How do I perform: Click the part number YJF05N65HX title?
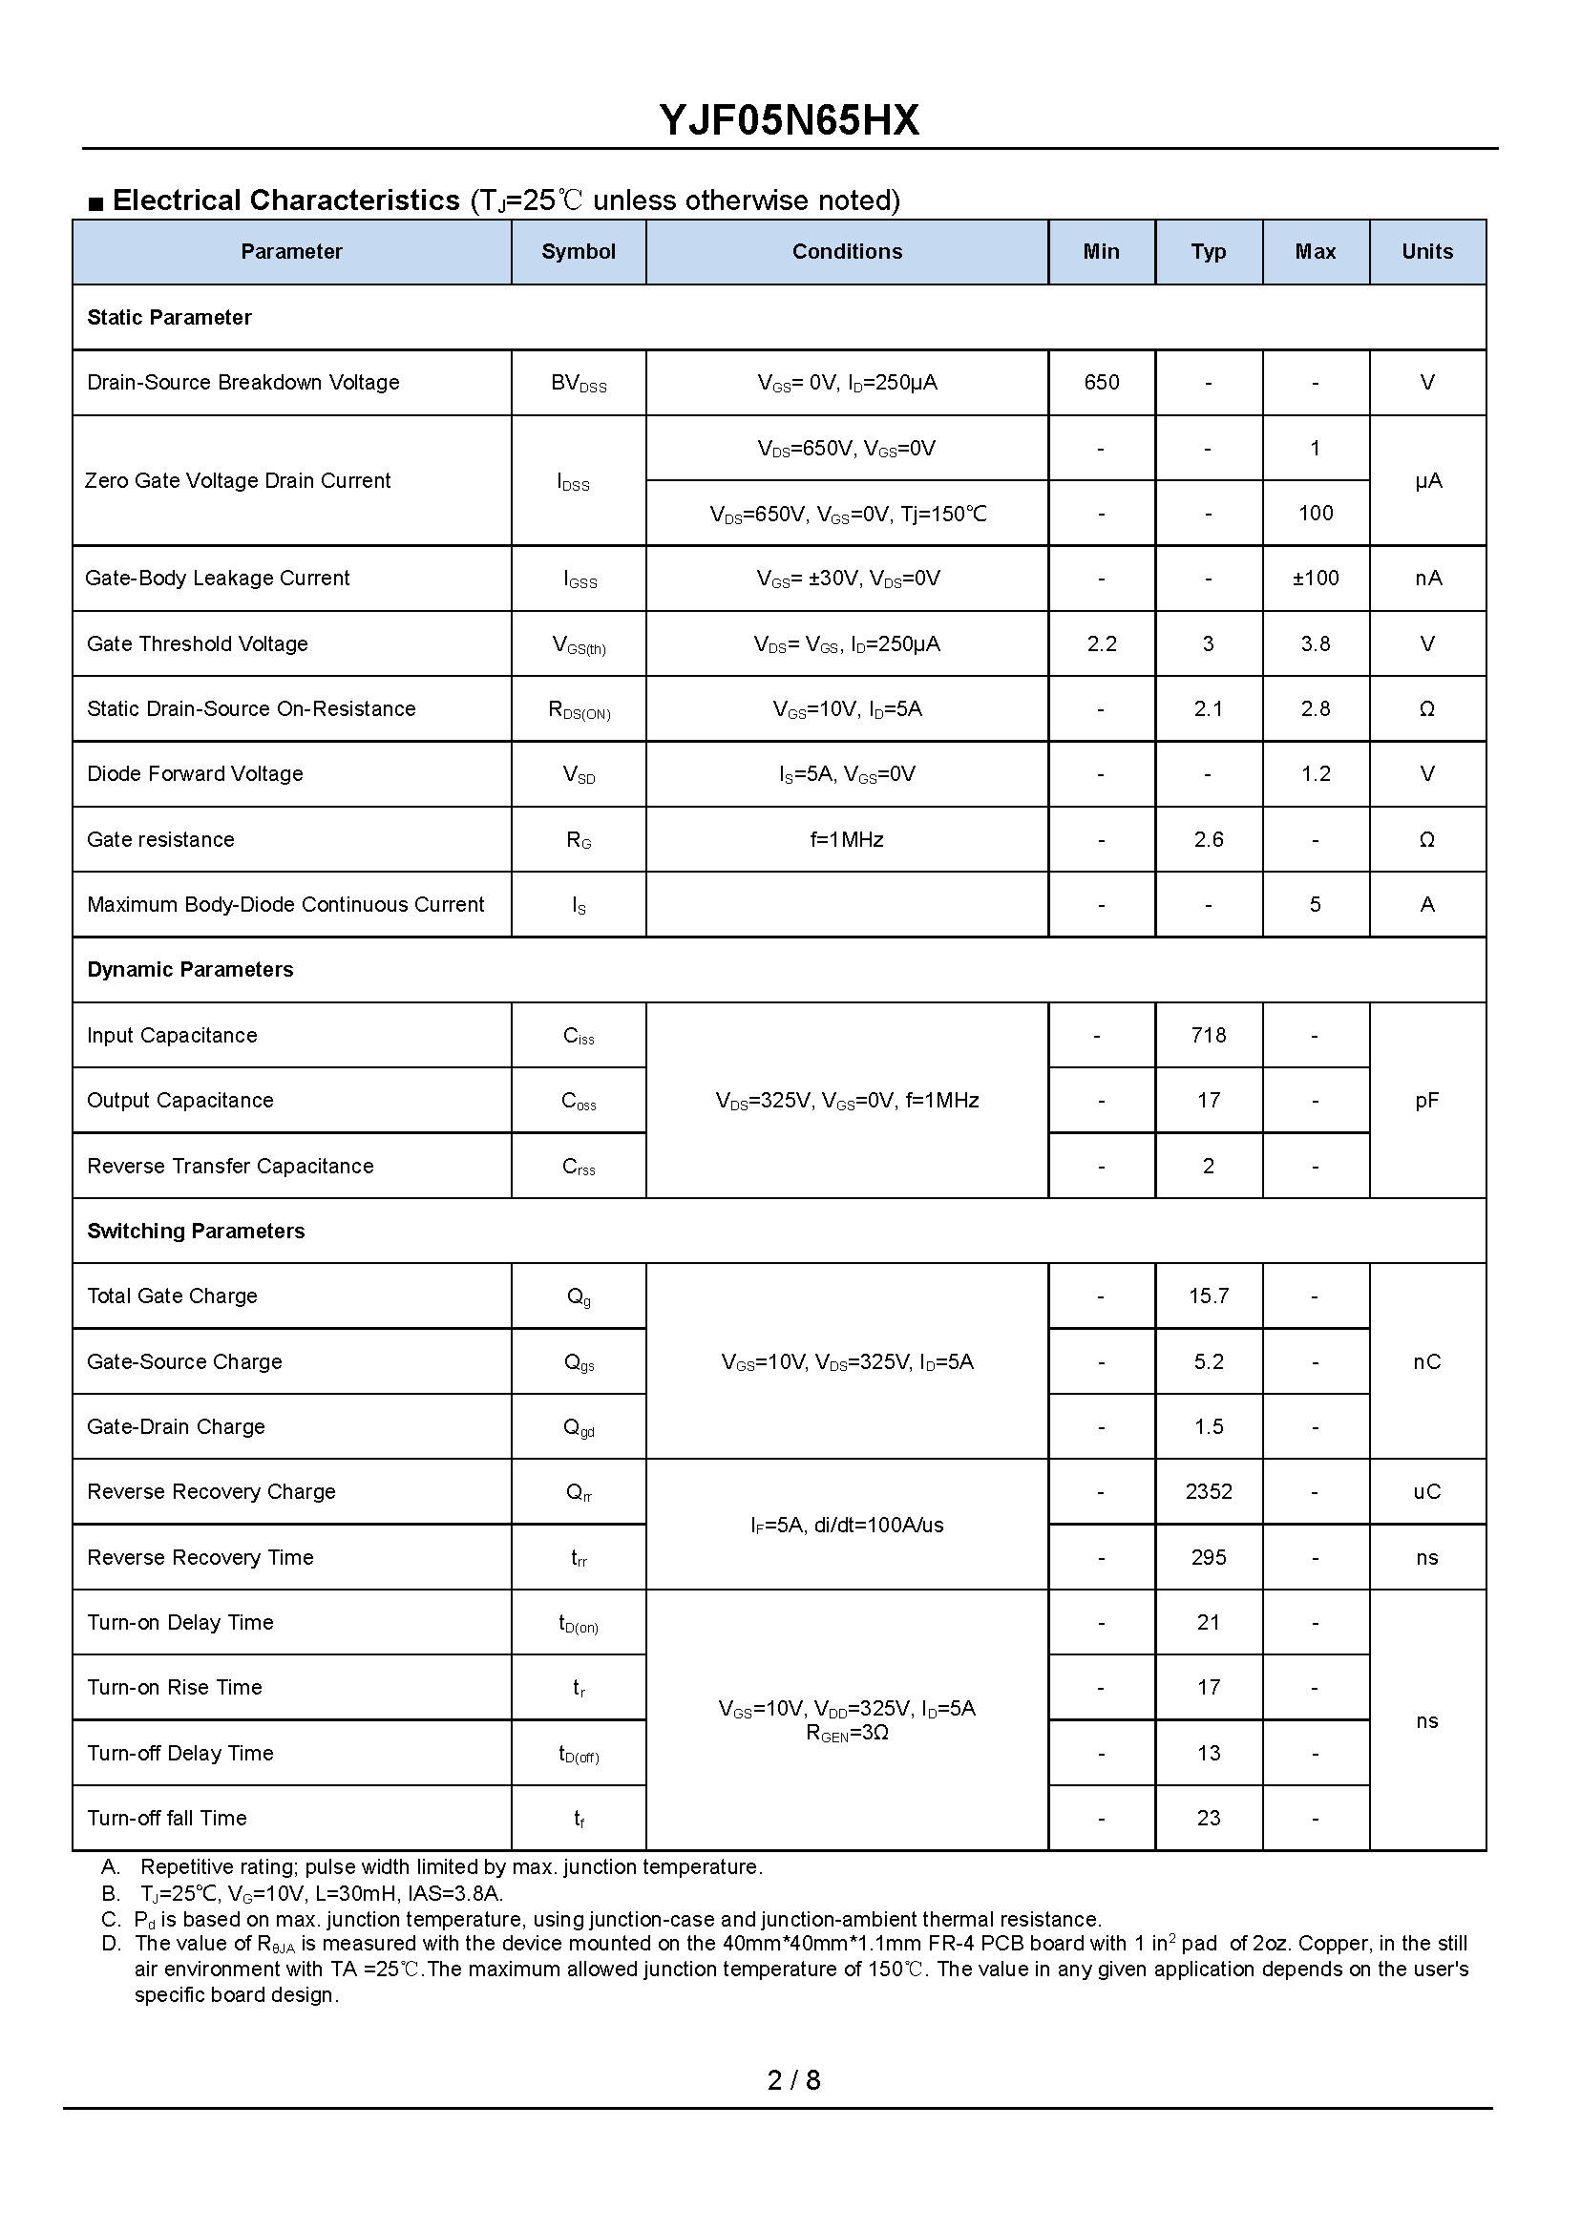click(789, 120)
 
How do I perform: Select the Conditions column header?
click(846, 252)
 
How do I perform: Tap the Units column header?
click(1426, 252)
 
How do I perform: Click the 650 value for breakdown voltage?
click(1101, 383)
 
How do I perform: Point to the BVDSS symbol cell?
click(579, 384)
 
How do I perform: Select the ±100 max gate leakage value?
click(1315, 579)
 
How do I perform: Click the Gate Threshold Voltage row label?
click(197, 643)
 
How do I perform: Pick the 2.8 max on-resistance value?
click(1315, 708)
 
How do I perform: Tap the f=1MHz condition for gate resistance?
click(846, 839)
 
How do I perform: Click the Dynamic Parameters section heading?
click(190, 970)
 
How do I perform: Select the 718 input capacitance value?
click(1208, 1035)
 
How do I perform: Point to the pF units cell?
click(1426, 1100)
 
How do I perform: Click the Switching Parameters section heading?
click(196, 1231)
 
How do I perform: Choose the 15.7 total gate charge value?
click(1208, 1296)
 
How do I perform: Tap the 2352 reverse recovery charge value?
click(1208, 1491)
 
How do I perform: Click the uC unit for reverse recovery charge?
click(1426, 1491)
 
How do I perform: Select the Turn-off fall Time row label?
click(166, 1818)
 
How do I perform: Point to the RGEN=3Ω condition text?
click(846, 1733)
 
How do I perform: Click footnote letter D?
click(111, 1943)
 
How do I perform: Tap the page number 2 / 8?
click(793, 2080)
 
